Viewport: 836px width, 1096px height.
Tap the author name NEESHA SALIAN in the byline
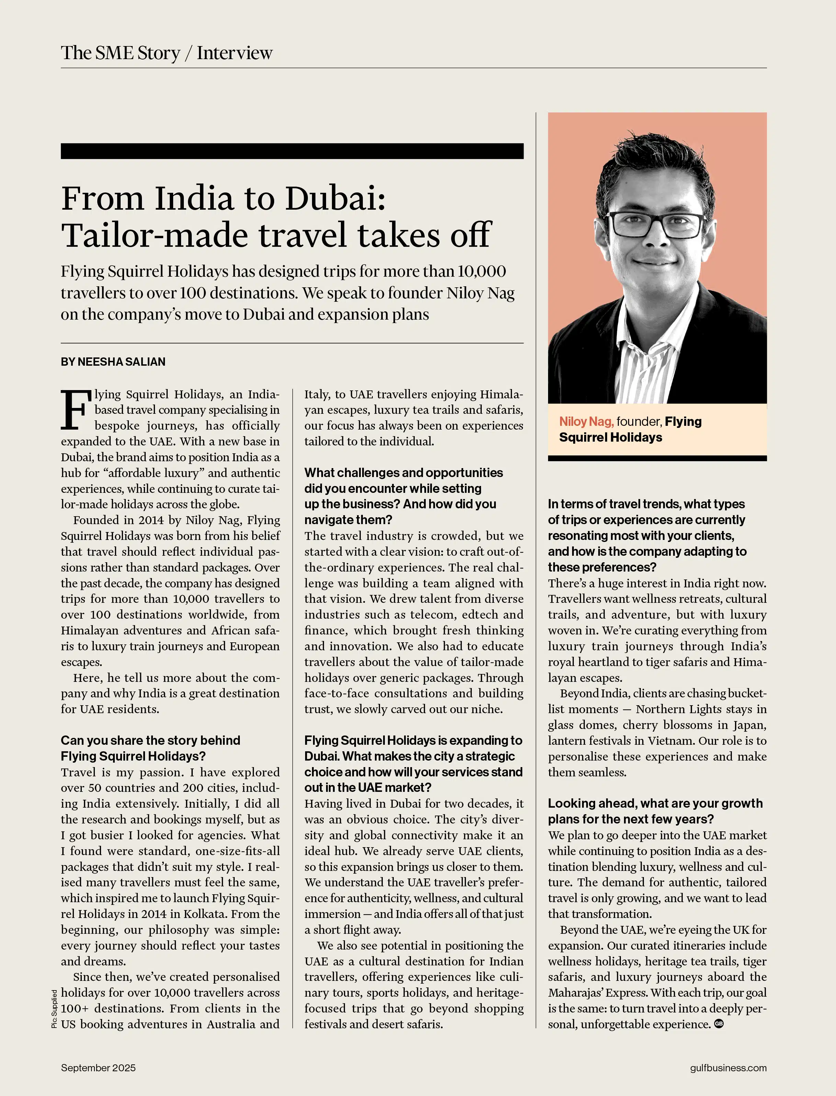(121, 362)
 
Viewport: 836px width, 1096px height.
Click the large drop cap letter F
(76, 410)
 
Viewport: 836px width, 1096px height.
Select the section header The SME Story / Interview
(167, 53)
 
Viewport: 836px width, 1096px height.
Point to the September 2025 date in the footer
(98, 1067)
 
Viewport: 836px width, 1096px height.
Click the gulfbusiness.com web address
(728, 1067)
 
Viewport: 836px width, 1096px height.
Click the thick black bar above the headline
(292, 151)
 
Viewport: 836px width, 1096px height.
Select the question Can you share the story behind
(150, 740)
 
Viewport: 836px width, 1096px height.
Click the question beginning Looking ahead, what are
(655, 803)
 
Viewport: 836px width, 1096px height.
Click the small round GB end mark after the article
(718, 1024)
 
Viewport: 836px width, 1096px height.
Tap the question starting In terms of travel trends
(646, 504)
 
